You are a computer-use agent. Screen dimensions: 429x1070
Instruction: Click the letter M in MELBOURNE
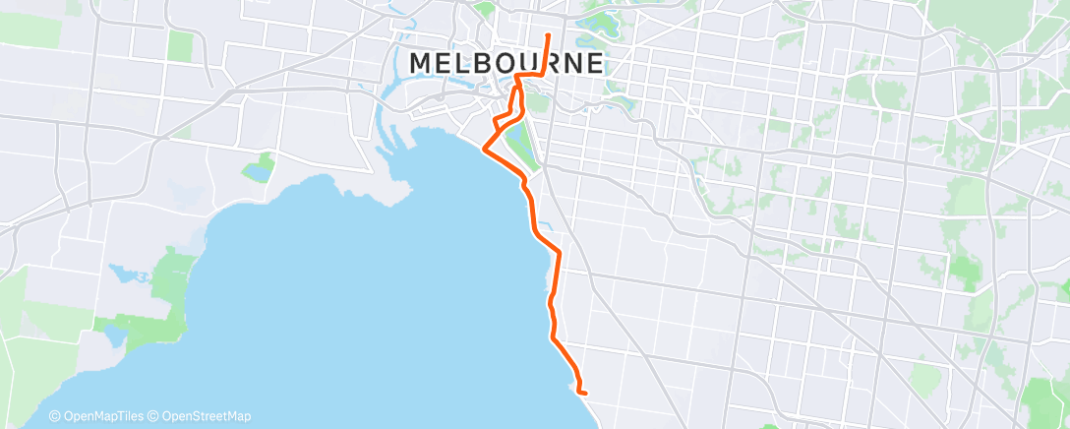click(420, 63)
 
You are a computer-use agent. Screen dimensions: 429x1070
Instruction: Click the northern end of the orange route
click(548, 35)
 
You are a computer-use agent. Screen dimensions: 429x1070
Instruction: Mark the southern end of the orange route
click(585, 393)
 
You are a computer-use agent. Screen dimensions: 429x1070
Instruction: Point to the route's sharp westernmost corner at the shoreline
click(482, 150)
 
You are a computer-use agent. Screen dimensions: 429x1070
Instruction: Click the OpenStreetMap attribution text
click(206, 416)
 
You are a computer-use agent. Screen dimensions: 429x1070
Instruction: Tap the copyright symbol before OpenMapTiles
click(55, 416)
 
